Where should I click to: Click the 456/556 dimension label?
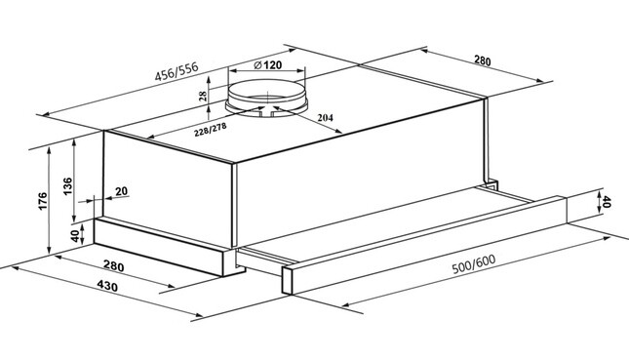coord(177,72)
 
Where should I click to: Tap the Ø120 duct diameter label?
coord(268,64)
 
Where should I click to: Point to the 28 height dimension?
coord(204,96)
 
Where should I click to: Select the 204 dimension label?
coord(325,118)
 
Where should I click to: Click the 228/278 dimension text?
coord(211,130)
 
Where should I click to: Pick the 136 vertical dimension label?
coord(68,186)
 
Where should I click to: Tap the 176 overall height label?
coord(43,201)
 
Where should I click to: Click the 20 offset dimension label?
coord(122,191)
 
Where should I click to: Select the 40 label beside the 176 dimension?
coord(75,236)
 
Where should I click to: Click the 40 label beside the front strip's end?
coord(607,202)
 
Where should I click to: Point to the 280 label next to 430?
coord(113,265)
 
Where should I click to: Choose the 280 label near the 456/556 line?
coord(483,60)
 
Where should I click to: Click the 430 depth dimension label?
coord(107,286)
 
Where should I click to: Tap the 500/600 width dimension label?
coord(474,263)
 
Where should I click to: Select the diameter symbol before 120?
coord(258,64)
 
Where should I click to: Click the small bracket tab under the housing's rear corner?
coord(491,184)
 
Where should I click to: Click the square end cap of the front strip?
coord(288,280)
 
